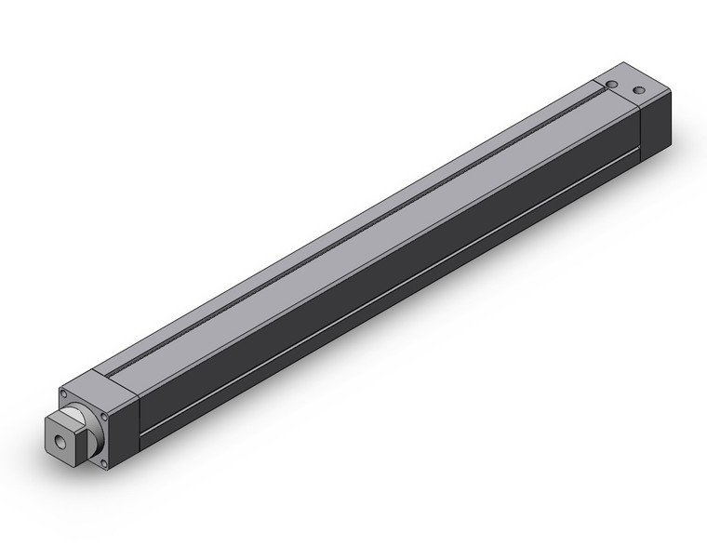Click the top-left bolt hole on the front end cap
point(63,393)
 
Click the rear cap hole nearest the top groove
point(612,85)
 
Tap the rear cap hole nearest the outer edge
point(639,90)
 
